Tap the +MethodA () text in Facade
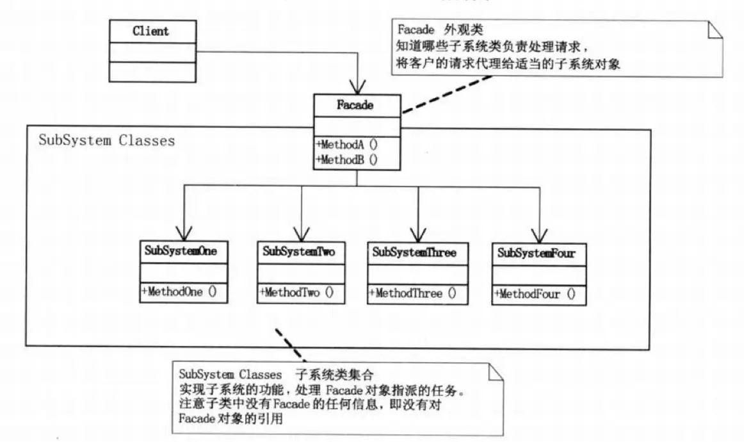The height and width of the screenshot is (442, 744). (x=346, y=145)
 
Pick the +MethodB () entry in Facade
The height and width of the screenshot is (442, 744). (x=346, y=160)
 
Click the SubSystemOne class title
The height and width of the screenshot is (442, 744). (x=184, y=252)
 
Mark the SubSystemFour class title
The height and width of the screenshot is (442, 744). (x=537, y=253)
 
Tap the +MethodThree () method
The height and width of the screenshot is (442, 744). (x=412, y=293)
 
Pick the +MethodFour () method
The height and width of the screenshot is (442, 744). (x=534, y=295)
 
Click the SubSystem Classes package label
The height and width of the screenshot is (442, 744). (x=106, y=140)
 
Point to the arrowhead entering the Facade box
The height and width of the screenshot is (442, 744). (x=356, y=87)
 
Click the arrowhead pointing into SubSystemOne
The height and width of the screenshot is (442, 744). (x=184, y=232)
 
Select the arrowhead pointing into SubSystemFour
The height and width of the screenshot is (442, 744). (x=540, y=234)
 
